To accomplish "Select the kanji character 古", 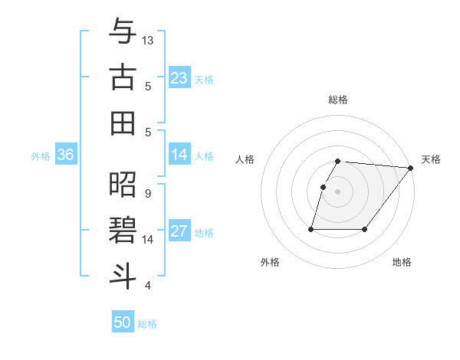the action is click(x=123, y=79).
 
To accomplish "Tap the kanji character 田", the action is click(x=123, y=123).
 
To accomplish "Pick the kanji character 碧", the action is click(x=123, y=231).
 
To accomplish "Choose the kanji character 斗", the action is click(x=123, y=277).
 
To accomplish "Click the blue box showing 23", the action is click(x=179, y=77).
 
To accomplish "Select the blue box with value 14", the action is click(x=179, y=155).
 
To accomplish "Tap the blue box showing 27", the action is click(x=179, y=231).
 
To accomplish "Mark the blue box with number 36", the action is click(x=65, y=155).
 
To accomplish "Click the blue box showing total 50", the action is click(x=123, y=322).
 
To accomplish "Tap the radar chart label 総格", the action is click(x=338, y=100).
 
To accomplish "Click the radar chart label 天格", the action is click(x=431, y=159).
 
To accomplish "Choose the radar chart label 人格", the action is click(x=245, y=159).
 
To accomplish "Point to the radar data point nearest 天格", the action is click(x=411, y=169).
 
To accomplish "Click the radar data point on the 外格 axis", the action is click(x=311, y=229).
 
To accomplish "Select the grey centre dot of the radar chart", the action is click(x=338, y=192).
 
